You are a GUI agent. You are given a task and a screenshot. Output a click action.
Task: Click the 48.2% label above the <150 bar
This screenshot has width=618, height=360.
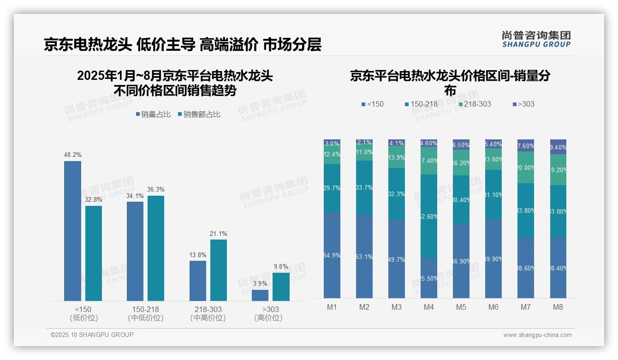point(72,155)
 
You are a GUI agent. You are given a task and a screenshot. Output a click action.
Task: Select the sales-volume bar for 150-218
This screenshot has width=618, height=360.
point(135,251)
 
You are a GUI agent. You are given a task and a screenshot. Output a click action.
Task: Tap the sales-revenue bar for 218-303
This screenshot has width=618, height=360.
point(218,270)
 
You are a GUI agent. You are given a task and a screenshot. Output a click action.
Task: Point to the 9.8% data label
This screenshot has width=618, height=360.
point(280,267)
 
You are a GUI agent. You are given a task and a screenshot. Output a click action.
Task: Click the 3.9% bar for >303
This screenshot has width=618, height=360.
point(260,295)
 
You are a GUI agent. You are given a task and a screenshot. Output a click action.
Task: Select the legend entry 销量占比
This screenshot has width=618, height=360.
point(153,114)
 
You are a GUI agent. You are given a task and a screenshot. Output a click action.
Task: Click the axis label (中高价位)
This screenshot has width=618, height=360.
point(208,318)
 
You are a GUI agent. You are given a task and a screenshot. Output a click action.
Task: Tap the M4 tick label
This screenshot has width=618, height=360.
point(429,307)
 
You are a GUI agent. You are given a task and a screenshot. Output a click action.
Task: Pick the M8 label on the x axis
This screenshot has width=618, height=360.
point(558,307)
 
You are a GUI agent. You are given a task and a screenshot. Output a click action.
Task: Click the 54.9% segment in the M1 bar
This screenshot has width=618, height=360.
point(332,255)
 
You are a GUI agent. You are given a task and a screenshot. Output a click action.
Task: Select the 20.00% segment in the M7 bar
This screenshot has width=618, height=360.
point(526,168)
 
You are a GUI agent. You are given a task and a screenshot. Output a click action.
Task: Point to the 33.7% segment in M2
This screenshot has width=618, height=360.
point(364,187)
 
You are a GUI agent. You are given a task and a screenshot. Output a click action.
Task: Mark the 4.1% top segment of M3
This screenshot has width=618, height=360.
point(397,143)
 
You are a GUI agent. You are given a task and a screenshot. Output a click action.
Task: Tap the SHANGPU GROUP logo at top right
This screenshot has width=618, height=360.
point(536,39)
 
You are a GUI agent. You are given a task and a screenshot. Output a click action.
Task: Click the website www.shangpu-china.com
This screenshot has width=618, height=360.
point(537,335)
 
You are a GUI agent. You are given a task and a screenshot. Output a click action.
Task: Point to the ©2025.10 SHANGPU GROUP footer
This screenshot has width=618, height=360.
point(92,335)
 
